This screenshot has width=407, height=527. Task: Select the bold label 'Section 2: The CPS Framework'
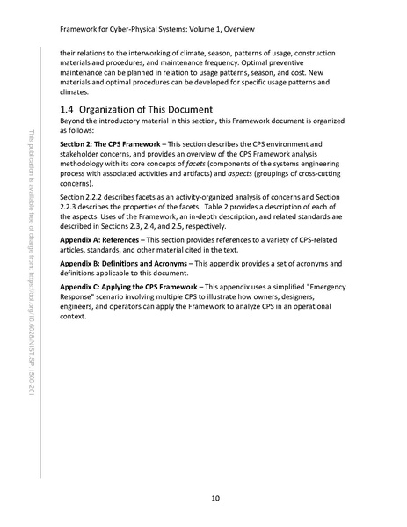110,143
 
